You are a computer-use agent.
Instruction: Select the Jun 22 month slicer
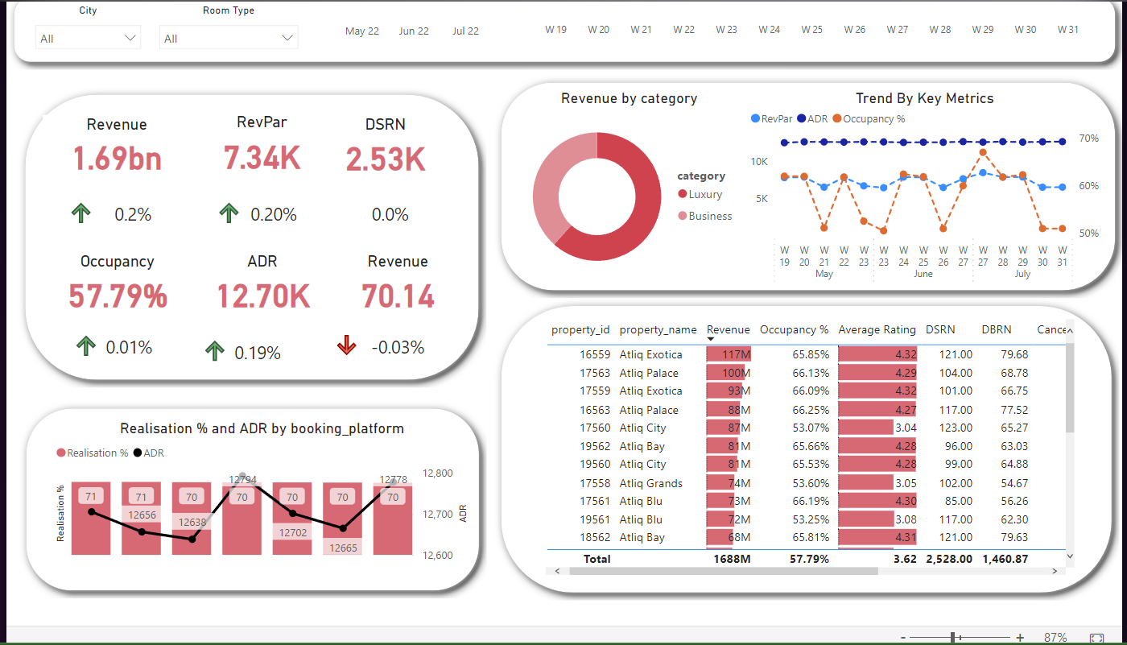[x=414, y=31]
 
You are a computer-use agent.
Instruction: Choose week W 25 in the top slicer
[x=811, y=30]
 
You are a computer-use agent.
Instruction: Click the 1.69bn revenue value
[x=117, y=159]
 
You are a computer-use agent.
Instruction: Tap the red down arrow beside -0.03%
[x=346, y=346]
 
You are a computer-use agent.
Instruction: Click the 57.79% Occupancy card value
[x=118, y=296]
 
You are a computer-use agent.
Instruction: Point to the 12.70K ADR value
[x=262, y=296]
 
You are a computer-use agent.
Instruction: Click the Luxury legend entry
[x=704, y=194]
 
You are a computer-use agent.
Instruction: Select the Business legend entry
[x=709, y=216]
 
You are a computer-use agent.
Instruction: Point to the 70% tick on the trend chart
[x=1088, y=139]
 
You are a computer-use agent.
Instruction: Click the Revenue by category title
[x=629, y=99]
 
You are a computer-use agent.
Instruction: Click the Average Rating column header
[x=877, y=329]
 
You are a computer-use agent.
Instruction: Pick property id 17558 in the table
[x=595, y=483]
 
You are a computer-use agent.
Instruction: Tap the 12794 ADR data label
[x=242, y=480]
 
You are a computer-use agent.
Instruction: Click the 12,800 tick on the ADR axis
[x=436, y=473]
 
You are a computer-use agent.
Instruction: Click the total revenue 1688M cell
[x=732, y=559]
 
